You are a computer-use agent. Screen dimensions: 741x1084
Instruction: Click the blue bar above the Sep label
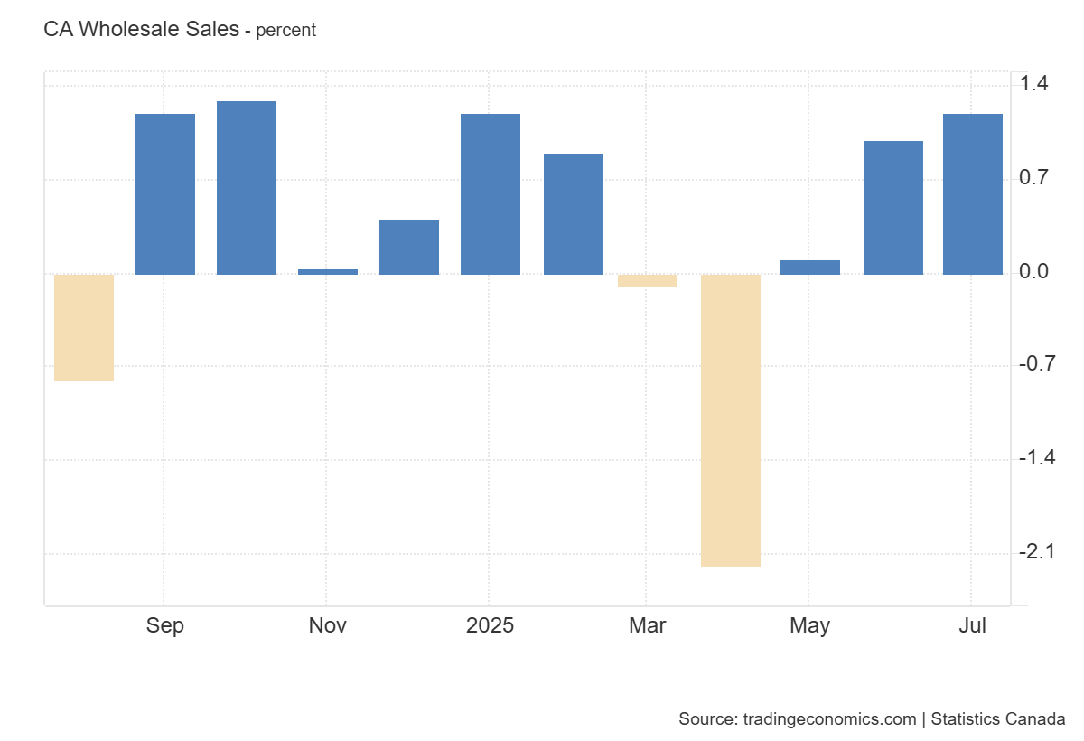pyautogui.click(x=165, y=194)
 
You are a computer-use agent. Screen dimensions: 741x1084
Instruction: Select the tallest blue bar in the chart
pyautogui.click(x=247, y=188)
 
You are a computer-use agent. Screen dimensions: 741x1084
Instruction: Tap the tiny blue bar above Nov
pyautogui.click(x=328, y=271)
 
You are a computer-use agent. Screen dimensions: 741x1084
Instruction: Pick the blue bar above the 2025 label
pyautogui.click(x=491, y=194)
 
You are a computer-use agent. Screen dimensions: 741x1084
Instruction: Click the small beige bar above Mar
pyautogui.click(x=648, y=281)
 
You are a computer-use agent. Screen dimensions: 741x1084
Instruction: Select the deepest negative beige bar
pyautogui.click(x=731, y=420)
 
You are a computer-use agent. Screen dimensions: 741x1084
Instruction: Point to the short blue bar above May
pyautogui.click(x=810, y=267)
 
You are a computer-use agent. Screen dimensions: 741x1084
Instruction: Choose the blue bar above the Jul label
pyautogui.click(x=973, y=194)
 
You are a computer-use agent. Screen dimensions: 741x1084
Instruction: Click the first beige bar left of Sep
pyautogui.click(x=84, y=328)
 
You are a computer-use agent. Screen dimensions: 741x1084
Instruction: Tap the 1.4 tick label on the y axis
pyautogui.click(x=1033, y=84)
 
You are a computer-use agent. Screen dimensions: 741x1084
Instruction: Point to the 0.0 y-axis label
pyautogui.click(x=1033, y=271)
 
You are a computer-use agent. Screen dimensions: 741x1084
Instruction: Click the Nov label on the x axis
pyautogui.click(x=327, y=625)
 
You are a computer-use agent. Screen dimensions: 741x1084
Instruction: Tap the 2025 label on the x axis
pyautogui.click(x=490, y=625)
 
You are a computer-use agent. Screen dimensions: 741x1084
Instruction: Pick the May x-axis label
pyautogui.click(x=809, y=625)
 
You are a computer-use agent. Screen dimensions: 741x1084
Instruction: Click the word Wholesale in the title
pyautogui.click(x=159, y=29)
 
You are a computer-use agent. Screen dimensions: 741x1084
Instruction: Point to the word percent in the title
pyautogui.click(x=286, y=30)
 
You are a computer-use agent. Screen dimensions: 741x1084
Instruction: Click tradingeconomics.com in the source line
pyautogui.click(x=829, y=719)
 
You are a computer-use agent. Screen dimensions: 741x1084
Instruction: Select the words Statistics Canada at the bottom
pyautogui.click(x=997, y=719)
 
